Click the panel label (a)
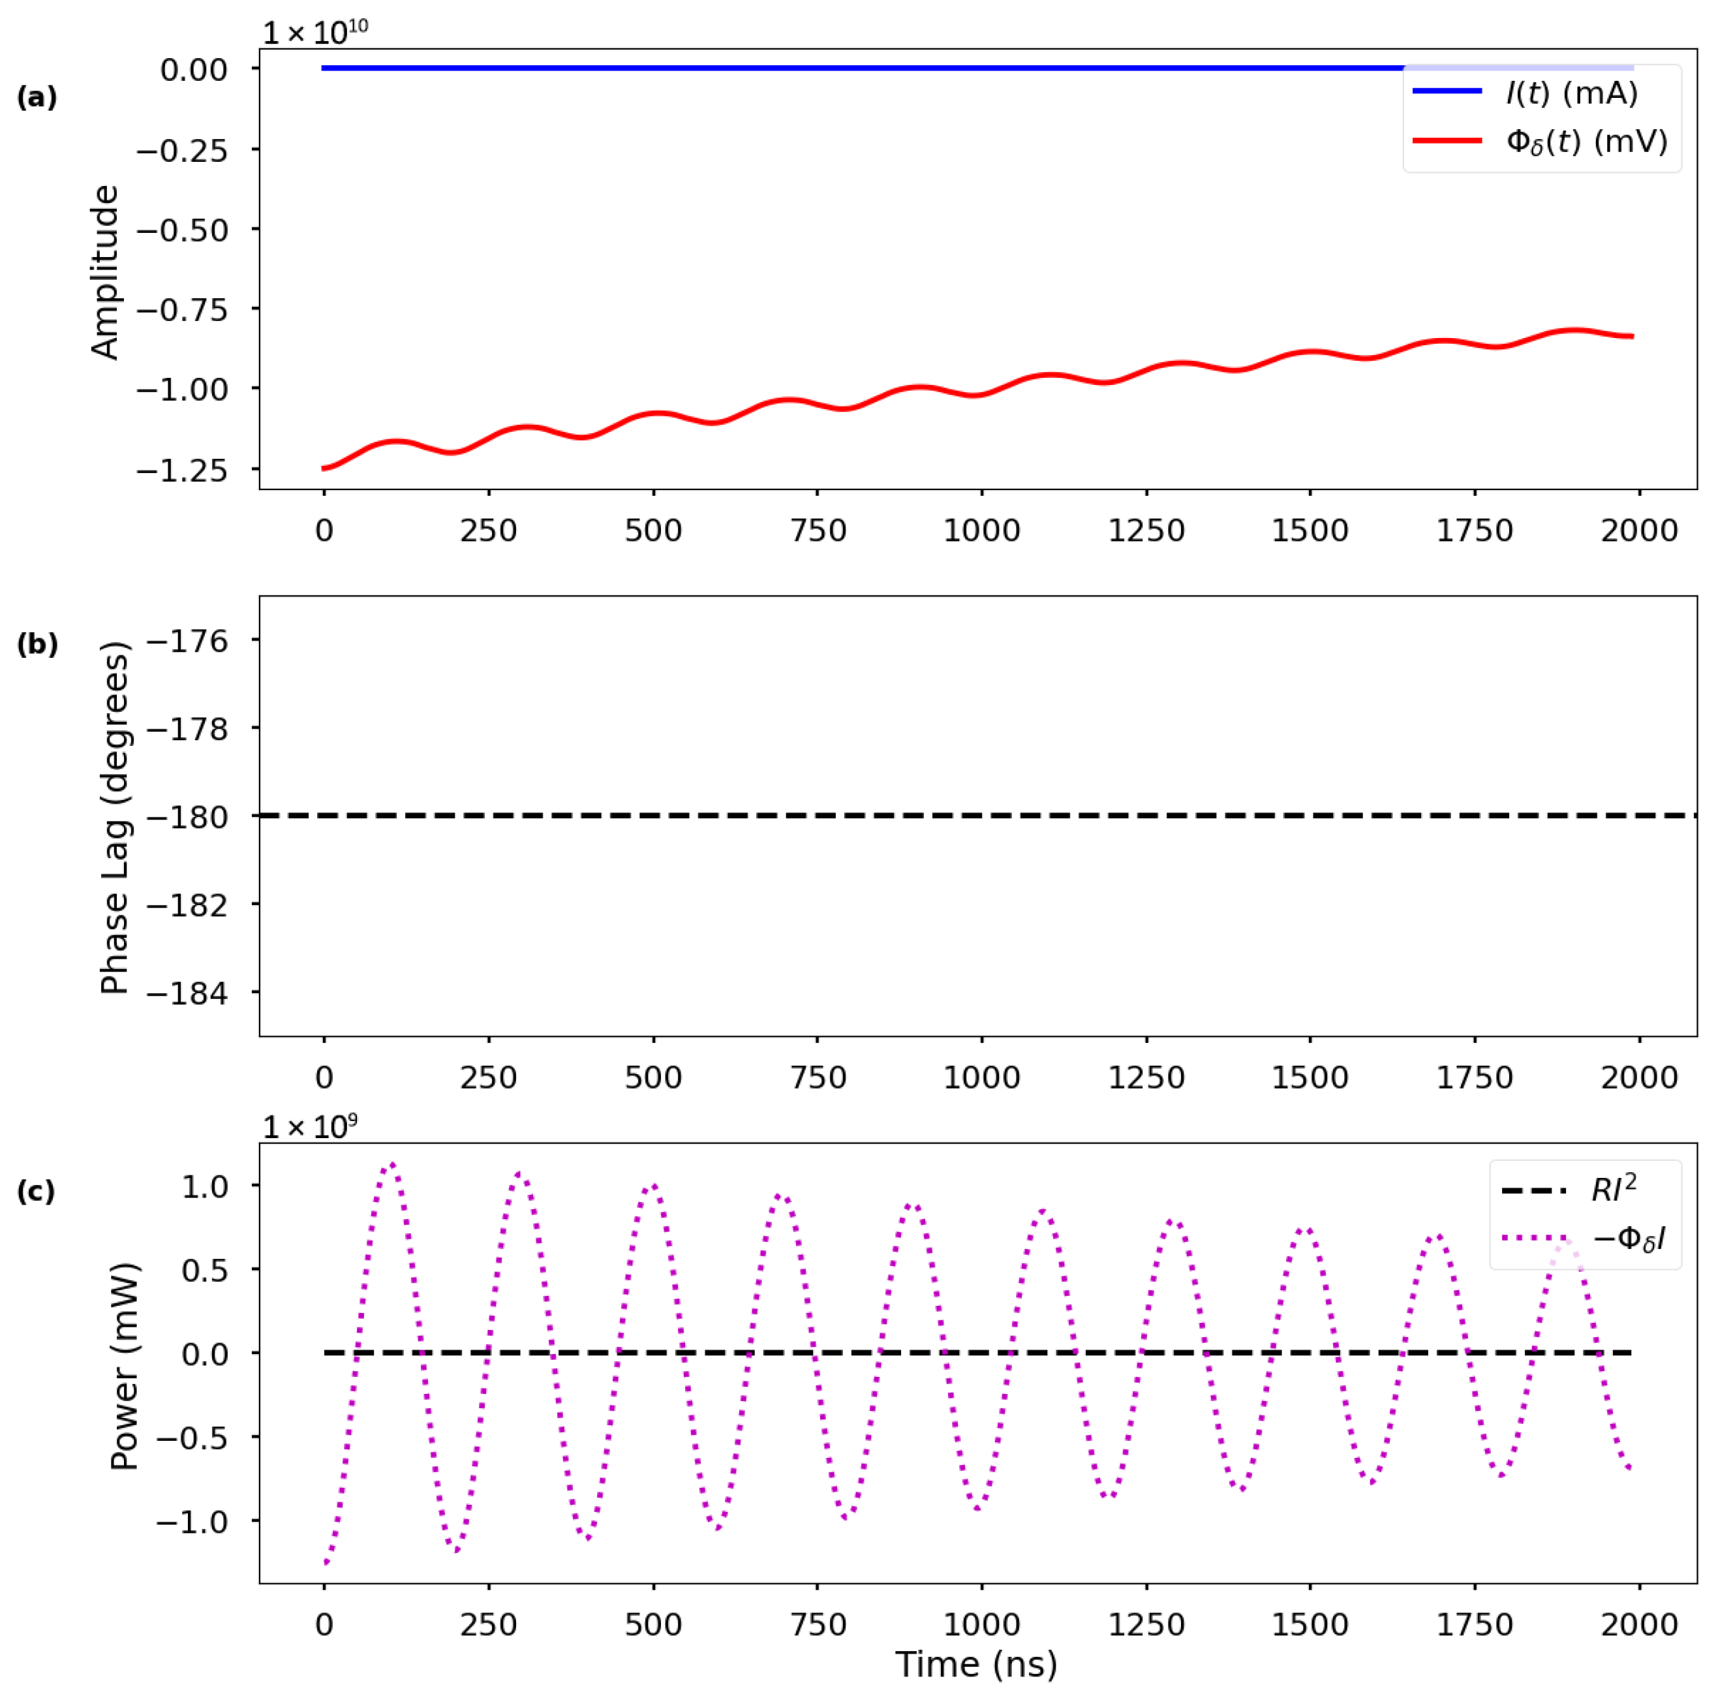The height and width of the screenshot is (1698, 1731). coord(37,97)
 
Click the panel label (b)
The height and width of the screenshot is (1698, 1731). coord(37,644)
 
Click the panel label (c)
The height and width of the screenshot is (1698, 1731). coord(37,1192)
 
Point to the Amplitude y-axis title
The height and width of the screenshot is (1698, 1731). coord(105,272)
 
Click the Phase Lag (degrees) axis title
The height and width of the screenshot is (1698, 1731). coord(115,817)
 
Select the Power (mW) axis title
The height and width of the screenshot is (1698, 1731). coord(124,1366)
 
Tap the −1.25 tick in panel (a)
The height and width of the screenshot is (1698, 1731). coord(182,470)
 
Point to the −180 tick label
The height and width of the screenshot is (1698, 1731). coord(187,817)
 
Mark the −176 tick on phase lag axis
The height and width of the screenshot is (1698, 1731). coord(187,641)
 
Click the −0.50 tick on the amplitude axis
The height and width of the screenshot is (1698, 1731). coord(182,231)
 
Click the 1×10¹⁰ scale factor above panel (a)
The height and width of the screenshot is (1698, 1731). coord(314,32)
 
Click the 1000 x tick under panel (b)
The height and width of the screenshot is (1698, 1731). coord(981,1077)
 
